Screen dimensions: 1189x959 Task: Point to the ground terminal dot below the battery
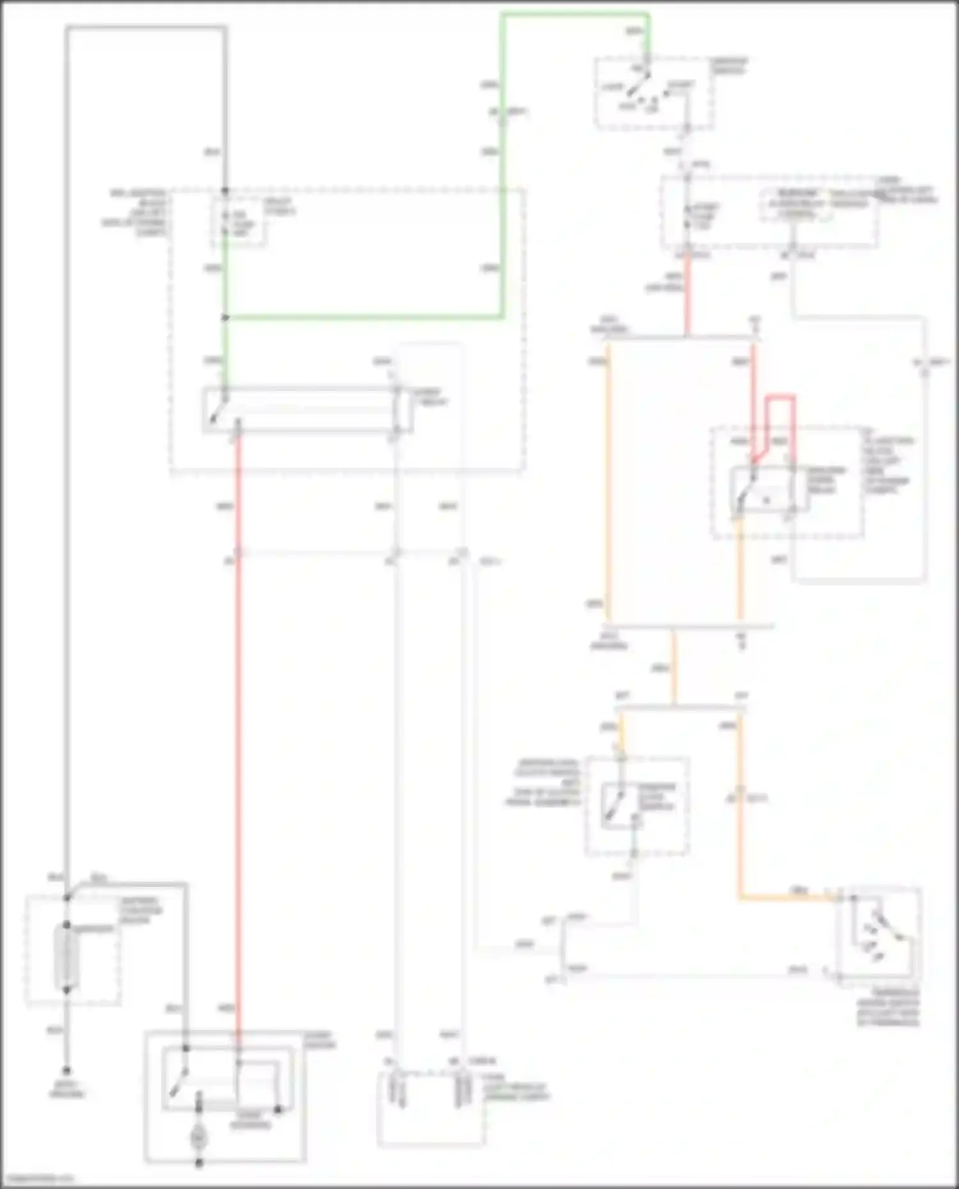pyautogui.click(x=66, y=1070)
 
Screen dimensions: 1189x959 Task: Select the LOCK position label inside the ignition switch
pyautogui.click(x=612, y=87)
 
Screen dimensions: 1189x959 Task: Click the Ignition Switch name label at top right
pyautogui.click(x=730, y=65)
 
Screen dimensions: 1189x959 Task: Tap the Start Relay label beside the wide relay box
pyautogui.click(x=433, y=397)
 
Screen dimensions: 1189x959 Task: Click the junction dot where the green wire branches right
pyautogui.click(x=225, y=317)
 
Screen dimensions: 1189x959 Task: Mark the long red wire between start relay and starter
pyautogui.click(x=238, y=735)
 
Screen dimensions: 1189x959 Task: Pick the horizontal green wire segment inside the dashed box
pyautogui.click(x=364, y=316)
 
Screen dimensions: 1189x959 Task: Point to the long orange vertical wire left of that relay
pyautogui.click(x=608, y=479)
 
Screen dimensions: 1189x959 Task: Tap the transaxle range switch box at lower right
pyautogui.click(x=880, y=932)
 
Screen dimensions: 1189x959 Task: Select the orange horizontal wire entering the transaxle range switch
pyautogui.click(x=786, y=898)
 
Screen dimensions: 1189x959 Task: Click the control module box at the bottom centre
pyautogui.click(x=430, y=1108)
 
